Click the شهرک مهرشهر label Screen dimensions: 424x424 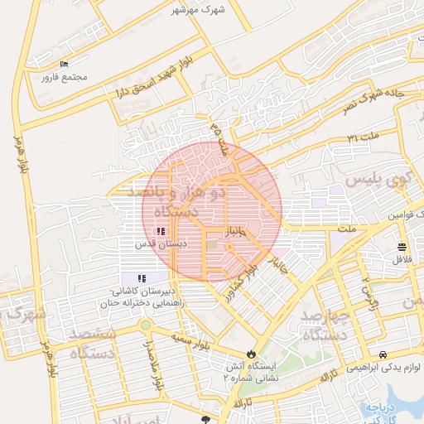click(x=200, y=9)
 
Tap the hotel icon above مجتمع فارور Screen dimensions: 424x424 click(x=65, y=65)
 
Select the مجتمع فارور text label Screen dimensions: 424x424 click(x=63, y=78)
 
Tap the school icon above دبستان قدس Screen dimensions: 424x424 click(x=161, y=232)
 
